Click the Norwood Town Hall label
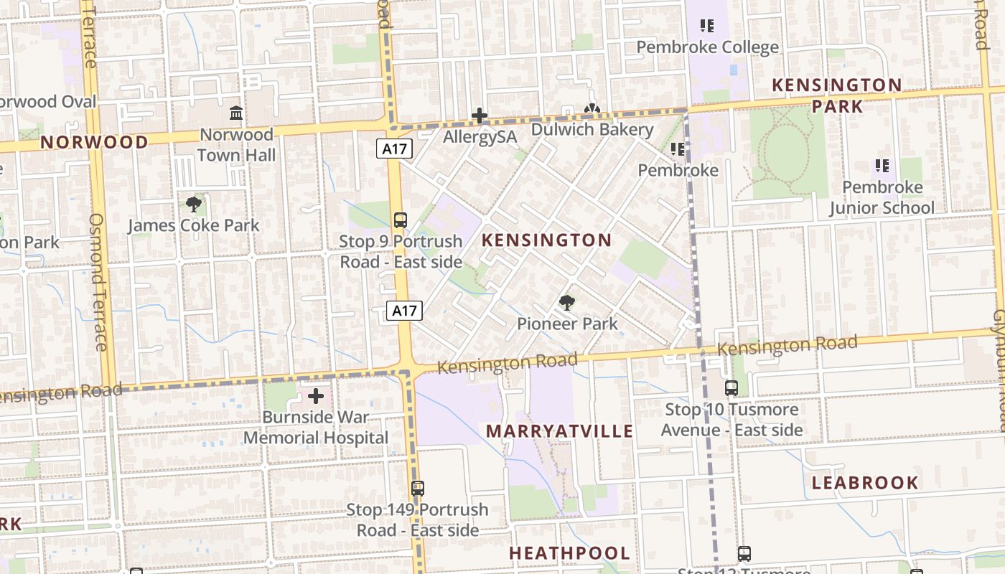coord(236,145)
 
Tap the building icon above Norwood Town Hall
coord(235,113)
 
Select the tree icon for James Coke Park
coord(193,204)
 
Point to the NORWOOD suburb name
coord(94,142)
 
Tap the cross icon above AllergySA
coord(479,116)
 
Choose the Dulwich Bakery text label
coord(592,130)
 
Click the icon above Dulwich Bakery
coord(592,110)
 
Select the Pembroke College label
coord(707,47)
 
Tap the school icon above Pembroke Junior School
coord(882,166)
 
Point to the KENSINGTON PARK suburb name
coord(836,95)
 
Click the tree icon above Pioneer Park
coord(567,303)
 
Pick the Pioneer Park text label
coord(567,324)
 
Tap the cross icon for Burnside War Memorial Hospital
coord(316,396)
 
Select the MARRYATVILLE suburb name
coord(560,431)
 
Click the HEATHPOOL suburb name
coord(569,553)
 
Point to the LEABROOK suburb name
coord(865,483)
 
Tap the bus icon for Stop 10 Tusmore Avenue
coord(731,388)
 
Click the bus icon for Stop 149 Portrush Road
coord(418,489)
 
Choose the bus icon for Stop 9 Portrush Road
coord(401,220)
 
